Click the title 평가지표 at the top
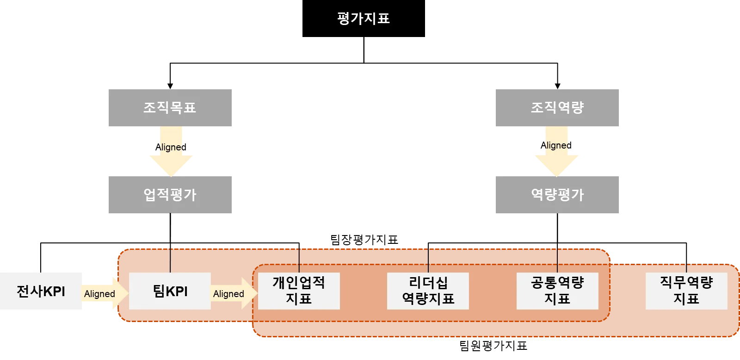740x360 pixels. pyautogui.click(x=364, y=19)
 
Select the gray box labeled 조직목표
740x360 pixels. pyautogui.click(x=170, y=109)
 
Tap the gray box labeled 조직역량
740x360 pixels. pyautogui.click(x=558, y=109)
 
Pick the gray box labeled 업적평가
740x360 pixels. pyautogui.click(x=170, y=194)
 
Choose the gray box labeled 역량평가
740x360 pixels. pyautogui.click(x=558, y=194)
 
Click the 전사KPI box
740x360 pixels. pyautogui.click(x=42, y=291)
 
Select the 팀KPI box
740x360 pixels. pyautogui.click(x=170, y=291)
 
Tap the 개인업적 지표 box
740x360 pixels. pyautogui.click(x=299, y=291)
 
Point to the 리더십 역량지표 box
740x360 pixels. pyautogui.click(x=428, y=291)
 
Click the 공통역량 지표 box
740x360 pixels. pyautogui.click(x=557, y=291)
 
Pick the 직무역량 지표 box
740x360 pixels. pyautogui.click(x=686, y=291)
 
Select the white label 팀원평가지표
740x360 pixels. pyautogui.click(x=492, y=346)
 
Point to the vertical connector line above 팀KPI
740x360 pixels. pyautogui.click(x=171, y=260)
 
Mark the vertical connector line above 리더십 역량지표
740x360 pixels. pyautogui.click(x=428, y=260)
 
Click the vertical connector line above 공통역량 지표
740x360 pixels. pyautogui.click(x=557, y=260)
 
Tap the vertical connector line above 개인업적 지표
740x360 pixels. pyautogui.click(x=299, y=260)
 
